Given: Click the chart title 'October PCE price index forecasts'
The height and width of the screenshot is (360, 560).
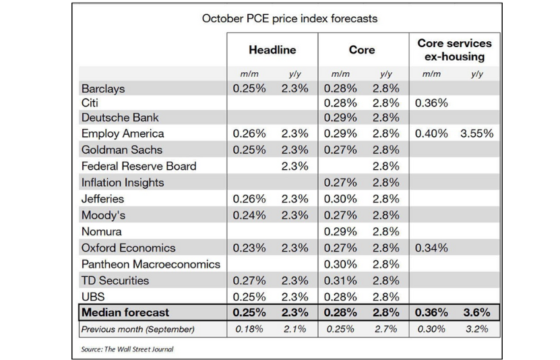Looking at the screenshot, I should click(x=290, y=18).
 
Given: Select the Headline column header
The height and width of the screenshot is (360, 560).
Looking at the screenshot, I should click(x=272, y=50).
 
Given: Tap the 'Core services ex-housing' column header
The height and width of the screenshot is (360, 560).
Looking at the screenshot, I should click(x=454, y=50).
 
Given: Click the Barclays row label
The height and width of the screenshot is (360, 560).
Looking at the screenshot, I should click(x=103, y=89).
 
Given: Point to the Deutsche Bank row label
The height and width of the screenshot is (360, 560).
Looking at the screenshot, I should click(x=119, y=117).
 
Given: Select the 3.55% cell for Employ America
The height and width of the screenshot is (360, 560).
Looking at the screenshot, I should click(x=477, y=133).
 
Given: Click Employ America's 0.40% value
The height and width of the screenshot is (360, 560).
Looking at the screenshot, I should click(x=431, y=133).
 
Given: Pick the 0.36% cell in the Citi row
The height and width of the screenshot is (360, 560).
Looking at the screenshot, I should click(x=431, y=103).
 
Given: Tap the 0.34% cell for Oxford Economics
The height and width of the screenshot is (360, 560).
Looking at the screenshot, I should click(x=431, y=247).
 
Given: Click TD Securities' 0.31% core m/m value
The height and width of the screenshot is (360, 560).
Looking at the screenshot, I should click(x=341, y=280).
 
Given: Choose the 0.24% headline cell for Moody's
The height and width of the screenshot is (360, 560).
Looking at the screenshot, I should click(x=249, y=215).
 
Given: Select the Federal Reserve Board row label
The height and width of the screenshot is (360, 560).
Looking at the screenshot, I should click(x=139, y=166).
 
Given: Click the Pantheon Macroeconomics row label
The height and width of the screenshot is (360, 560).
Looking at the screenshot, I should click(x=151, y=264).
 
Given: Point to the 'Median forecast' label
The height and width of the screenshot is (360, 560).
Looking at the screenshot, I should click(x=125, y=313).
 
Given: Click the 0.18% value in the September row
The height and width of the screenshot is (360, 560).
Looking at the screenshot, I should click(x=249, y=330).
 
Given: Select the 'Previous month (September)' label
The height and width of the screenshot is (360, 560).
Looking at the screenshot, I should click(x=137, y=330).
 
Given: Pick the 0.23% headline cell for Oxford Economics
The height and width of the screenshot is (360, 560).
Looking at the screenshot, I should click(x=249, y=247).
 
